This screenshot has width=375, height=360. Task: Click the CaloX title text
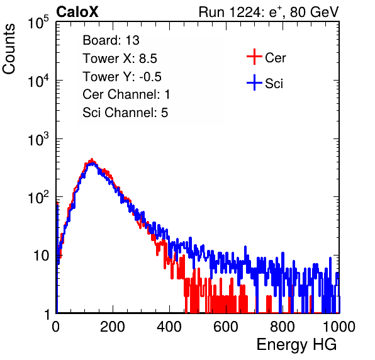77,12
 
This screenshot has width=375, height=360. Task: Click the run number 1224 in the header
245,12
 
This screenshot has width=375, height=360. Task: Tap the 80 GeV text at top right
314,12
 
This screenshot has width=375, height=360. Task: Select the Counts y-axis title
9,48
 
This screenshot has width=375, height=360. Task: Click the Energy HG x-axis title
296,345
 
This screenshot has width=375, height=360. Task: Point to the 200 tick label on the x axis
113,327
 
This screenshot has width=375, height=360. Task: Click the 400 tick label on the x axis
169,327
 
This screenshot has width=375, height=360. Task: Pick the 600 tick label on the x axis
226,327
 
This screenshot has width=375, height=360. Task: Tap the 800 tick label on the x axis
283,327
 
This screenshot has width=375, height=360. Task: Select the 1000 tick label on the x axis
339,327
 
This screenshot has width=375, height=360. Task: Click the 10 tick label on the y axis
41,256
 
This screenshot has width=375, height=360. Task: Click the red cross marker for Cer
254,57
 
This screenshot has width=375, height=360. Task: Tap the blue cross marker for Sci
254,83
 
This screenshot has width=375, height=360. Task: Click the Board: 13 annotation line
111,40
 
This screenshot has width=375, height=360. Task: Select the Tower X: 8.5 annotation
120,58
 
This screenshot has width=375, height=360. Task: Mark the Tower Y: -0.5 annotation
122,77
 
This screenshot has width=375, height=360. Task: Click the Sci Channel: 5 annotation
125,113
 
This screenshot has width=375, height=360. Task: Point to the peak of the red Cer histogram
91,159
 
